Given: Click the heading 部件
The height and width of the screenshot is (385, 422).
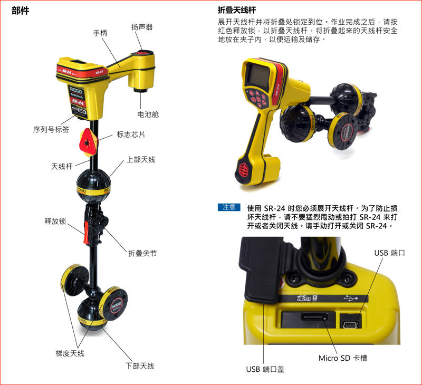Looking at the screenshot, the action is click(21, 11).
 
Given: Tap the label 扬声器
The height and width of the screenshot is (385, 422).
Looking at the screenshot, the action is click(142, 27).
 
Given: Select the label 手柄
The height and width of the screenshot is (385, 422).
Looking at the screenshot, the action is click(100, 33).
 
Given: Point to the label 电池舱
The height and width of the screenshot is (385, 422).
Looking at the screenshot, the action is click(148, 114).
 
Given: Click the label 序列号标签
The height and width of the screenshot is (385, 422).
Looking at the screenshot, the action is click(51, 129).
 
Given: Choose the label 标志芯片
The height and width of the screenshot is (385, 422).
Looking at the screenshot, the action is click(131, 134).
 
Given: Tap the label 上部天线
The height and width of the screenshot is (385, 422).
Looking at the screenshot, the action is click(141, 160).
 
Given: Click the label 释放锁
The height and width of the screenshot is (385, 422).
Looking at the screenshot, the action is click(55, 221).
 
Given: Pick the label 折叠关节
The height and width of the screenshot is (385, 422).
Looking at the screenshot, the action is click(142, 253).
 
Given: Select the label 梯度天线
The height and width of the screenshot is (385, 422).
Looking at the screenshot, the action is click(70, 353).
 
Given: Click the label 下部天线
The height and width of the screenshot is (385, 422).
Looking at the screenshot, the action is click(140, 365).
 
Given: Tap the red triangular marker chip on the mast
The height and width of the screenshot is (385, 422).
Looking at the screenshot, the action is click(88, 142).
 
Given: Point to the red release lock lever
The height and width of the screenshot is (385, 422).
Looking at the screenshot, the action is click(87, 233).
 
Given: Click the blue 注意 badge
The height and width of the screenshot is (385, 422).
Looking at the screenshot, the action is click(229, 207).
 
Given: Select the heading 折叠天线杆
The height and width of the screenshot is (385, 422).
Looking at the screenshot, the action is click(237, 10).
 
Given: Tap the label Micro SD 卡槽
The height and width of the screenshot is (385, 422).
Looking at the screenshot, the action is click(342, 358).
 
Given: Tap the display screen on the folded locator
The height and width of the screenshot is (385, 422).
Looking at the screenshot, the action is click(258, 75).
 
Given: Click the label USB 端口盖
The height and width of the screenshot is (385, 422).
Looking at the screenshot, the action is click(265, 369).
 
